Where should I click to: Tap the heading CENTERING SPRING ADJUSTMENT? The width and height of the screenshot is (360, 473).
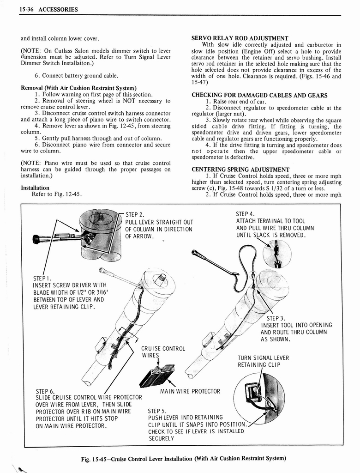pyautogui.click(x=240, y=170)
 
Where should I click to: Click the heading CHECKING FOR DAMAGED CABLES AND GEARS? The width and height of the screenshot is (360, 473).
pyautogui.click(x=259, y=95)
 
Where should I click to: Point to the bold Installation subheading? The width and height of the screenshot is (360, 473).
pyautogui.click(x=35, y=188)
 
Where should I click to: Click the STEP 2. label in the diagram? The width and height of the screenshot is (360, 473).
pyautogui.click(x=135, y=214)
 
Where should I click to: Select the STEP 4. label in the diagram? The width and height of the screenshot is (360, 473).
pyautogui.click(x=245, y=214)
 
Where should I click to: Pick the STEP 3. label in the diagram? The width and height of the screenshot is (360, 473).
pyautogui.click(x=276, y=318)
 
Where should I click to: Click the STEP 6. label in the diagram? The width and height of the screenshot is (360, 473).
pyautogui.click(x=45, y=391)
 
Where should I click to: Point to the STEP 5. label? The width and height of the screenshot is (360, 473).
pyautogui.click(x=157, y=410)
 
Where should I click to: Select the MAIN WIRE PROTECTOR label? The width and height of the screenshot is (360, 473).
pyautogui.click(x=190, y=392)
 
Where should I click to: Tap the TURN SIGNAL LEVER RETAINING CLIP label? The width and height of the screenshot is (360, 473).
pyautogui.click(x=263, y=361)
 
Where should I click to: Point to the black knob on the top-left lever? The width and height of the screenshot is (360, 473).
pyautogui.click(x=36, y=239)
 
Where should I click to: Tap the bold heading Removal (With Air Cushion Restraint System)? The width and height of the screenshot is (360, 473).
pyautogui.click(x=78, y=88)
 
